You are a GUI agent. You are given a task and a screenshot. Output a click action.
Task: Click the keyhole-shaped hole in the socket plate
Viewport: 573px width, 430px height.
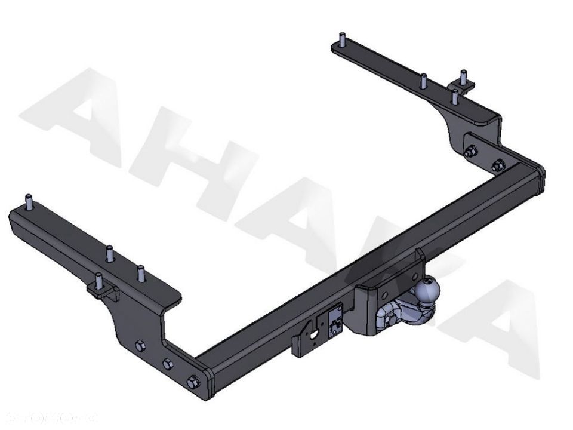point(314,335)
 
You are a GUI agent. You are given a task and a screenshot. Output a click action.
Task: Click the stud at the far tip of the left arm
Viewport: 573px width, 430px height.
point(27,202)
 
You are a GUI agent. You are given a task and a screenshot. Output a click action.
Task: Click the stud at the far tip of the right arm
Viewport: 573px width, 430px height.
point(341,40)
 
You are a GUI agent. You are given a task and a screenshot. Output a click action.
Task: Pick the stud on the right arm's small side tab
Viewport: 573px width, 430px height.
point(463,76)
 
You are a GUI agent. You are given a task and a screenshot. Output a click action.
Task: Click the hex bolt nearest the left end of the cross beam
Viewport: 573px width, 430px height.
point(192,380)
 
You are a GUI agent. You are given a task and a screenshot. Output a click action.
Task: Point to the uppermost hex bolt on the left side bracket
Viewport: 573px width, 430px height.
point(140,345)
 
